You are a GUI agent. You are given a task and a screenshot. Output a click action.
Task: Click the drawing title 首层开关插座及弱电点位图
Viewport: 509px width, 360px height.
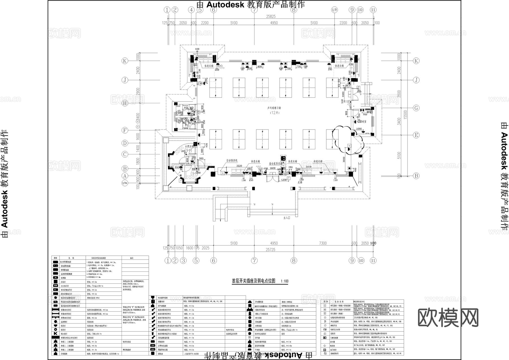pos(253,281)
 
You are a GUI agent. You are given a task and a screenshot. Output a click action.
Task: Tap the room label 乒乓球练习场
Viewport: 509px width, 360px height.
pos(274,108)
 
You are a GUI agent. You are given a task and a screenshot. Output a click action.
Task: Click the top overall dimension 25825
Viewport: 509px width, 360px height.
pos(271,16)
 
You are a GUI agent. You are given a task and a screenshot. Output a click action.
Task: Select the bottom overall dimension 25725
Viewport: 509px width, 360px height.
pos(270,249)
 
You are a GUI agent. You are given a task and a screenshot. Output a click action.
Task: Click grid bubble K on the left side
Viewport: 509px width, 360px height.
pos(125,61)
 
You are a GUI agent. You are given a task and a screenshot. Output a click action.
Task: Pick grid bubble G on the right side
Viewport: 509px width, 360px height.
pos(416,108)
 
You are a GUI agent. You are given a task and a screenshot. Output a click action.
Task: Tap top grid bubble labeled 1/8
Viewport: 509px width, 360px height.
pos(335,10)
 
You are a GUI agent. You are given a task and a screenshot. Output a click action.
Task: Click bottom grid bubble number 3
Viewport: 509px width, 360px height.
pos(183,260)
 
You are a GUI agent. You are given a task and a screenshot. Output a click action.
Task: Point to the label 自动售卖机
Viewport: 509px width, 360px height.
pos(232,161)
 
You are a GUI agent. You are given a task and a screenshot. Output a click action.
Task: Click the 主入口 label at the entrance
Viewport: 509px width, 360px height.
pos(286,218)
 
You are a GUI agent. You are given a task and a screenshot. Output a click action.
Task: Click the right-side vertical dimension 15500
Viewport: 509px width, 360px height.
pos(405,114)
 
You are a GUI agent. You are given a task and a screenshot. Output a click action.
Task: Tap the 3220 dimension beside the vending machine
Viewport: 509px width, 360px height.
pos(239,166)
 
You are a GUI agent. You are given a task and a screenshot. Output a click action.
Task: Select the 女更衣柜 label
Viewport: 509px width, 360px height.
pos(189,146)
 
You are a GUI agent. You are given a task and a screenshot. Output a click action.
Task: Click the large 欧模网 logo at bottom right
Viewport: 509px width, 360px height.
pos(448,317)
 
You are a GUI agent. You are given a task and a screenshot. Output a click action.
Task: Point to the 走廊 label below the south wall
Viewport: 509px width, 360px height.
pos(300,183)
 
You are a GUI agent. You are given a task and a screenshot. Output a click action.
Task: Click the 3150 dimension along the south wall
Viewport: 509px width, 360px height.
pos(309,167)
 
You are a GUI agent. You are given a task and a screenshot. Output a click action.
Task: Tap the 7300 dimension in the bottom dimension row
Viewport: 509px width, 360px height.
pos(323,243)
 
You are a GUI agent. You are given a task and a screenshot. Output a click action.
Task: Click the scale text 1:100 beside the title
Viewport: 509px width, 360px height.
pos(284,281)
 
